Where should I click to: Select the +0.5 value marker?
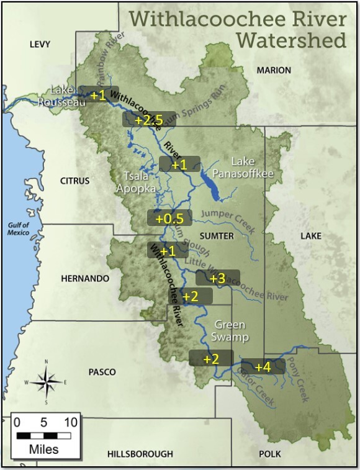click(169, 219)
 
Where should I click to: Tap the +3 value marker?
click(217, 278)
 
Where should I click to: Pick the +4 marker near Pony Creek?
click(263, 366)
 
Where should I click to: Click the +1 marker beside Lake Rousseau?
click(99, 95)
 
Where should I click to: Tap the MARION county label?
click(274, 70)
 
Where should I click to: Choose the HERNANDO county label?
click(81, 279)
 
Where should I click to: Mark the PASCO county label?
click(102, 372)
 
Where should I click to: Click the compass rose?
click(47, 381)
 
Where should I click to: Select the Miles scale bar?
click(43, 435)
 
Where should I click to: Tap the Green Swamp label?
click(231, 331)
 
